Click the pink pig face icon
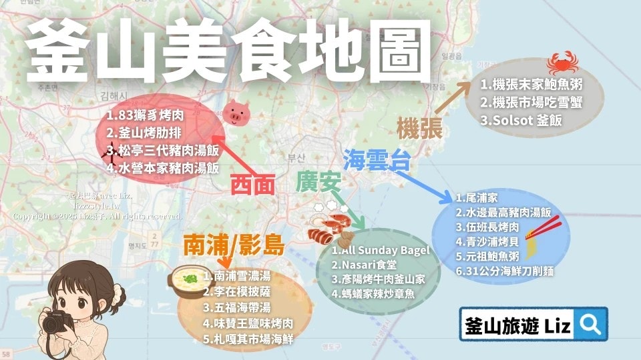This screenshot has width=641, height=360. (234, 114)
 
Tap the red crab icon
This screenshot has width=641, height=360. (558, 65)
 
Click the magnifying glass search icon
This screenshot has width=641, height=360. (590, 325)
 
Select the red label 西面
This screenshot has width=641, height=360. (253, 185)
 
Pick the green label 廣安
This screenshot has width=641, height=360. (318, 181)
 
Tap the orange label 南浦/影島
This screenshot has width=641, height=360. (234, 247)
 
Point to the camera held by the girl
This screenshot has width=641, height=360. (57, 323)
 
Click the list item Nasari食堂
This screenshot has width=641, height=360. (368, 265)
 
